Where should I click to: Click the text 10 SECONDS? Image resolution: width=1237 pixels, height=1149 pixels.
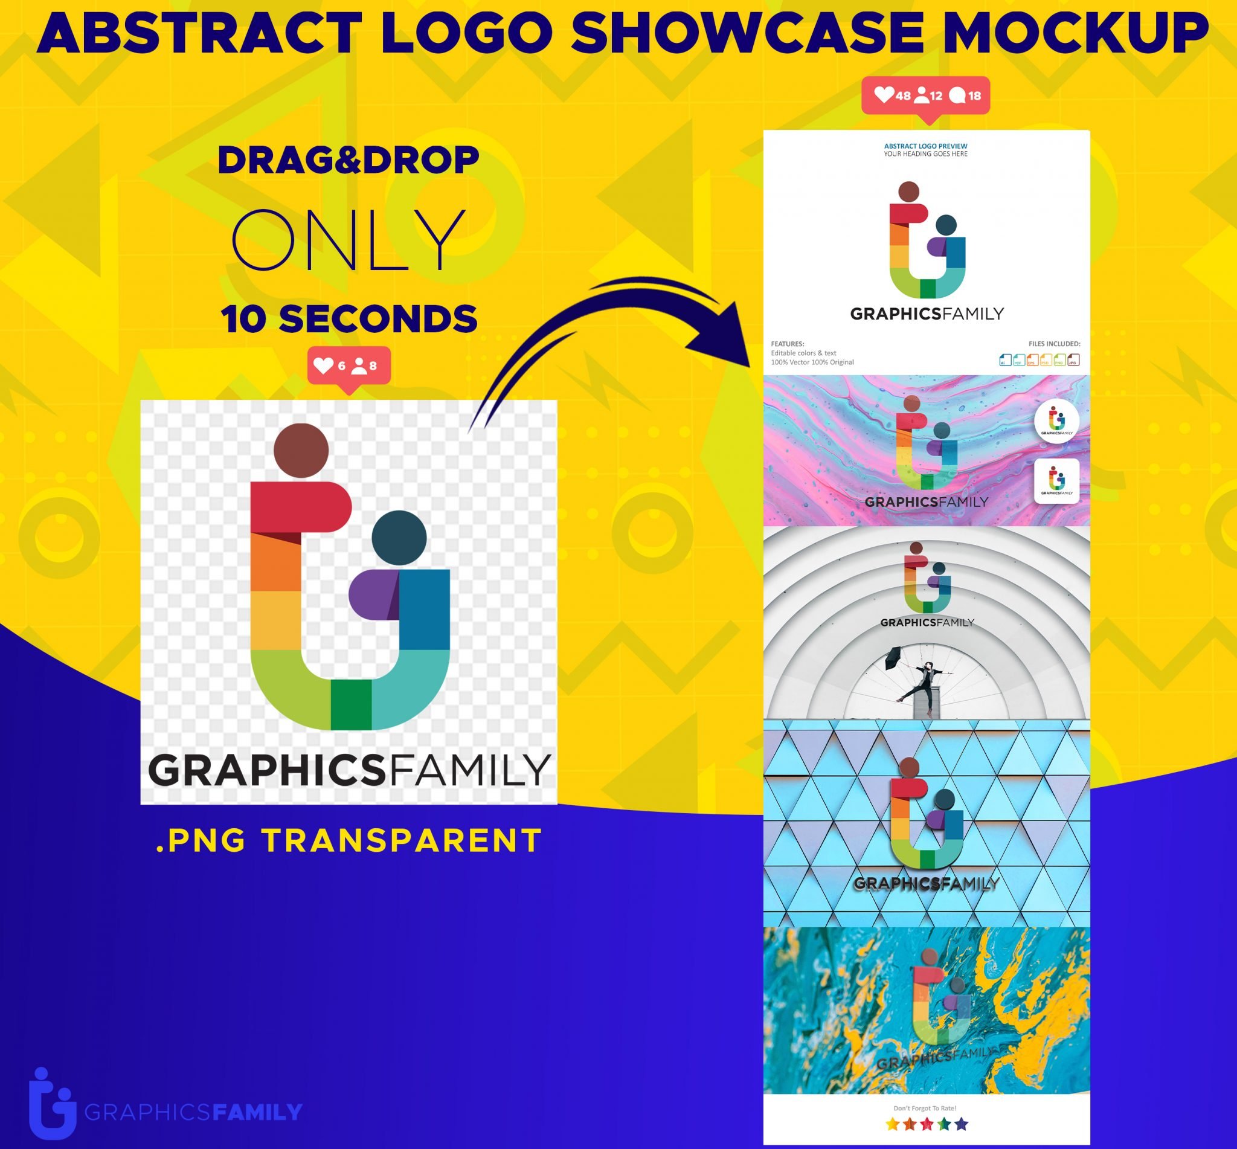coord(349,319)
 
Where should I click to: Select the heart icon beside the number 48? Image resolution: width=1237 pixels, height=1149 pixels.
coord(883,94)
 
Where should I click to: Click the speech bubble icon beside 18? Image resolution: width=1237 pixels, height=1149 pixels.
coord(958,95)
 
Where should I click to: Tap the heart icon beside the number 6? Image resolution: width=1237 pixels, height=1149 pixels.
coord(323,365)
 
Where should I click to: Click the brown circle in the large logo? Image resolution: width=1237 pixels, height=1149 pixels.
coord(301,450)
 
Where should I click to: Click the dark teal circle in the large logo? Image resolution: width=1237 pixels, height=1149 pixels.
coord(399,538)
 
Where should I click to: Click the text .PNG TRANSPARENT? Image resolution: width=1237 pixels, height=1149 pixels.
coord(349,841)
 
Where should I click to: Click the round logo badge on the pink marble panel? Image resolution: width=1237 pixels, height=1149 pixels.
coord(1057,421)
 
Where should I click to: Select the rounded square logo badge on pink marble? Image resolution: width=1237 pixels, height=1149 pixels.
coord(1057,481)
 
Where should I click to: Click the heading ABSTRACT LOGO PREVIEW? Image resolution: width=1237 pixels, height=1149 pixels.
coord(925,146)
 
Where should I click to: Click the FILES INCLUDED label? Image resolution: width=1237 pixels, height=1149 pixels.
coord(1054,344)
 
